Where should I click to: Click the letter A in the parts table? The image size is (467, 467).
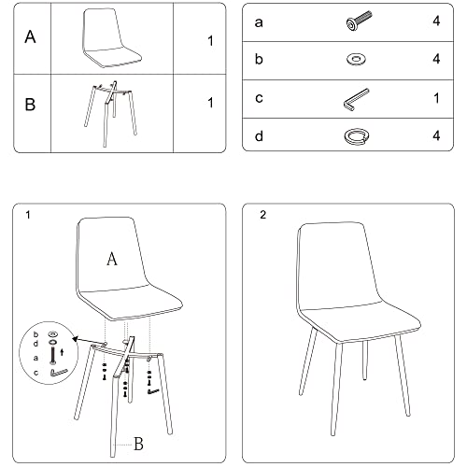coord(30,36)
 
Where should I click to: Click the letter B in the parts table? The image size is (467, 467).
coord(30,105)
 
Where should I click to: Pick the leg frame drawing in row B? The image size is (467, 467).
coord(110,114)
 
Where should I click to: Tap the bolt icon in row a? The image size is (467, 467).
coord(359,21)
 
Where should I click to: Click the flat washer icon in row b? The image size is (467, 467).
coord(356,59)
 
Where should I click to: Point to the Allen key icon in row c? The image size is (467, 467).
coord(356,100)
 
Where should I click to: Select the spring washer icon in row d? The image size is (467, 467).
coord(357,136)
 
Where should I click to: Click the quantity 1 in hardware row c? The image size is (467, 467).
coord(436,98)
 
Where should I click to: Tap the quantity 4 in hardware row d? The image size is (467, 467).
coord(436,135)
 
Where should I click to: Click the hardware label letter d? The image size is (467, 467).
coord(259,136)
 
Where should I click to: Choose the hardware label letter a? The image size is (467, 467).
coord(259,23)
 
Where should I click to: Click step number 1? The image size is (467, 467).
coord(28,215)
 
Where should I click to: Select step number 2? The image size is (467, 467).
coord(263,215)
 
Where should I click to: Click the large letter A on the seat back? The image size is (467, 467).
coord(112,259)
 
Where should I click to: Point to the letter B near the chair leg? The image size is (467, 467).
coord(138,444)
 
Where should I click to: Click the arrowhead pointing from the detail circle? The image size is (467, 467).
coord(75,339)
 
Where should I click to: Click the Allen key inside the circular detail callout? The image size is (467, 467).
coord(59,373)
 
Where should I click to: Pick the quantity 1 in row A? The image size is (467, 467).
coord(211,41)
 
